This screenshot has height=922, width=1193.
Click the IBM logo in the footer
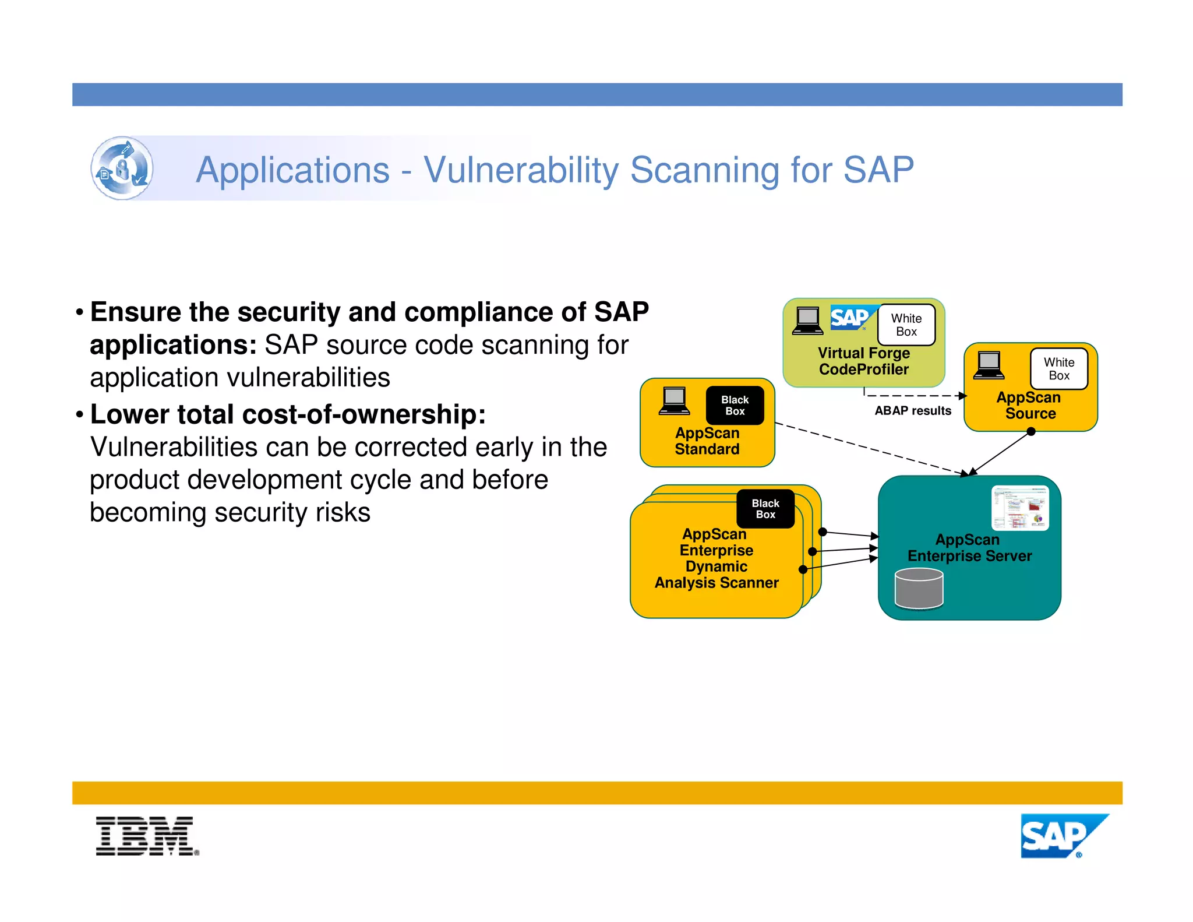coord(146,836)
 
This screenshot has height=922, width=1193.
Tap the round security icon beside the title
coord(122,168)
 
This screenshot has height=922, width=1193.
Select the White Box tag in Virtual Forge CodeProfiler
coord(906,325)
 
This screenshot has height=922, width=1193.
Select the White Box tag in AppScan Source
coord(1058,369)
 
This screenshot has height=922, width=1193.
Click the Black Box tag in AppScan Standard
coord(735,406)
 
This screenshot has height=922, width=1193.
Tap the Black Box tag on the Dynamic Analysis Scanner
coord(765,509)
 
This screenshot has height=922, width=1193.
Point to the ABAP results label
coord(912,411)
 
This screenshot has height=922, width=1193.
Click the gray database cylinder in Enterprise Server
coord(919,589)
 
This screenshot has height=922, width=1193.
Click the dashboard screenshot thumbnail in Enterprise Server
coord(1019,508)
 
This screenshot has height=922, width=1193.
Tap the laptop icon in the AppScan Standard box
coord(674,401)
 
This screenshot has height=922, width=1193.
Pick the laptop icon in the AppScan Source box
coord(989,365)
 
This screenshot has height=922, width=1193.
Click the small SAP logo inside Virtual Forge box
coord(850,318)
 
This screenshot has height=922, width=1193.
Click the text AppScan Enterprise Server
coord(969,548)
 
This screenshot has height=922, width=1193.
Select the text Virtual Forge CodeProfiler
coord(863,361)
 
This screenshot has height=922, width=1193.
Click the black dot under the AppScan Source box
coord(1030,432)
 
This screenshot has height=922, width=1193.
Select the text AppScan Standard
coord(707,441)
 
